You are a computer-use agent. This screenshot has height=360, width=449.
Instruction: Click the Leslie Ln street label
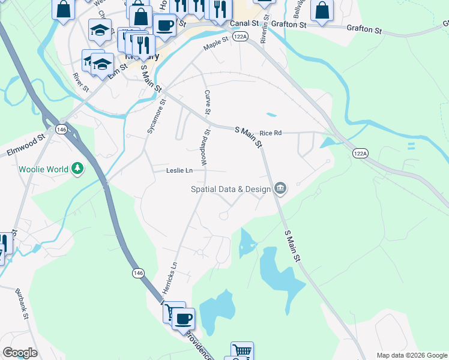pos(179,170)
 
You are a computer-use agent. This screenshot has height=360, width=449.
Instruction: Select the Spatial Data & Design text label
pos(230,189)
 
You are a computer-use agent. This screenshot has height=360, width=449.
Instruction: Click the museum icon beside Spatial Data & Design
pos(280,189)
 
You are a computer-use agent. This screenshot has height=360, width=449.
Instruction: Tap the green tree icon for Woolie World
pos(77,169)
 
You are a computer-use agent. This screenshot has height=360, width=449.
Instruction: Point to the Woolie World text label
pos(43,169)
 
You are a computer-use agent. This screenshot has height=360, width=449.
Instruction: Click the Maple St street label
pos(216,43)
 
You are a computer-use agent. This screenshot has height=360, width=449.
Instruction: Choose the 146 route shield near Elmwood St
pos(61,129)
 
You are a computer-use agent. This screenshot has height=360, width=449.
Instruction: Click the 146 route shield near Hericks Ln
pos(138,273)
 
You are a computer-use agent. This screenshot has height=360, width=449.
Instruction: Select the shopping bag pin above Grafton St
pos(322,10)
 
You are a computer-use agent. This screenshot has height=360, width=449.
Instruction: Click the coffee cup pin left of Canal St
pos(164,25)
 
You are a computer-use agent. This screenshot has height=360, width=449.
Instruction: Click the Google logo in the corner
pos(20,353)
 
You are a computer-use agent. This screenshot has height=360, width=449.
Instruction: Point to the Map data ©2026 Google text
pos(412,355)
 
